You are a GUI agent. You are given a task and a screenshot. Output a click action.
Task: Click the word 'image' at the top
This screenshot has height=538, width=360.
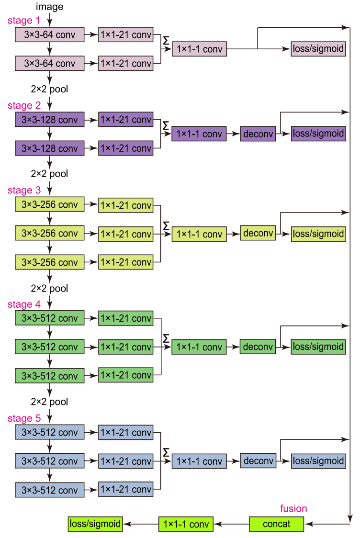coord(49,7)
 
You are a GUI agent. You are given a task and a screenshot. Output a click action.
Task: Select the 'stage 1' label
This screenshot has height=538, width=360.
coord(24,21)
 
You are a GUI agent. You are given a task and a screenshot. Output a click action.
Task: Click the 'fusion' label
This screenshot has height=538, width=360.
coord(293,508)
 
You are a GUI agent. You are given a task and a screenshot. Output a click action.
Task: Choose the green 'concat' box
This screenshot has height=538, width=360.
coord(276,524)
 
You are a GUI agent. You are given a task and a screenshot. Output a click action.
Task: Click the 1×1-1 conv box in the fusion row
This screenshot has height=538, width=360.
coord(186,524)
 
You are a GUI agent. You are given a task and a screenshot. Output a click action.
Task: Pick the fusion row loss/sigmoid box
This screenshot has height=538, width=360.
coord(94,524)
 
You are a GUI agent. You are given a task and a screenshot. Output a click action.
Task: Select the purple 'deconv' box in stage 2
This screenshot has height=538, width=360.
coord(258,134)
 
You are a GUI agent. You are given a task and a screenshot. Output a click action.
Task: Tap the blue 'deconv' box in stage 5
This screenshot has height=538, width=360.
coord(258,461)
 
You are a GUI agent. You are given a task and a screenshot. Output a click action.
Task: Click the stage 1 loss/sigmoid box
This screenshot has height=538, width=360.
coord(318,49)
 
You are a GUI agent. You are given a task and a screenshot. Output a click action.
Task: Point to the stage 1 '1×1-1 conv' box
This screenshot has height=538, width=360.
coord(199,49)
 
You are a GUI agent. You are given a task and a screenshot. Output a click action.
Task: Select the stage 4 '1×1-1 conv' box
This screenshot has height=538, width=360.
coord(199,347)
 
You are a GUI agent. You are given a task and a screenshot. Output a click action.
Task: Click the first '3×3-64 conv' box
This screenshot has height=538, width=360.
coord(49,34)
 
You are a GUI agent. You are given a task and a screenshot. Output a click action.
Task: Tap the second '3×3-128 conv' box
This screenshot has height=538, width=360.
coord(49,148)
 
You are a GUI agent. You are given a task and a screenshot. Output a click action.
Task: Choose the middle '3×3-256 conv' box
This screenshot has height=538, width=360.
coord(49,234)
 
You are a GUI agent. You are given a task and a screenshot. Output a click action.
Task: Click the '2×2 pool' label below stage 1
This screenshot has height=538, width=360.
coord(49,89)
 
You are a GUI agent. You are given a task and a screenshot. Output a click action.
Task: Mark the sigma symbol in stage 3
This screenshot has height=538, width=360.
coord(166,225)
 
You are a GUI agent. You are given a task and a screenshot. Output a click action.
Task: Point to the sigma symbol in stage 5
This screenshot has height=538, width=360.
coord(166,452)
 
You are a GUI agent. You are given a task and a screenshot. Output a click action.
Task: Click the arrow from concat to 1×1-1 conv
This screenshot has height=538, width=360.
coord(231,524)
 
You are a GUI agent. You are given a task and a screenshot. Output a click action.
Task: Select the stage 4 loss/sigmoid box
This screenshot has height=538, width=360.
coord(318,347)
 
